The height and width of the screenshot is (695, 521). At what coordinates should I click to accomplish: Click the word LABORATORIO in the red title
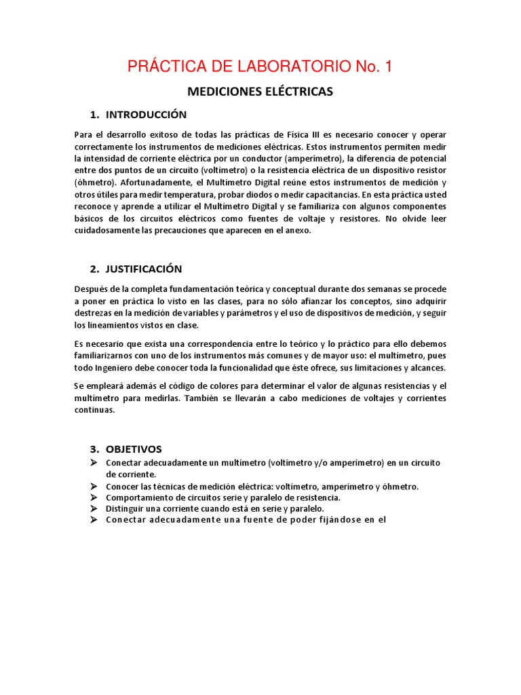click(x=296, y=67)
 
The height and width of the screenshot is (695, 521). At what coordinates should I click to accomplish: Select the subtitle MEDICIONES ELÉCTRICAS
click(x=260, y=91)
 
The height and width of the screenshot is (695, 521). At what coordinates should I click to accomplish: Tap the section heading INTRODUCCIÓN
click(x=146, y=114)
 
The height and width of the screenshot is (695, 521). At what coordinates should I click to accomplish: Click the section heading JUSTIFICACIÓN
click(x=144, y=269)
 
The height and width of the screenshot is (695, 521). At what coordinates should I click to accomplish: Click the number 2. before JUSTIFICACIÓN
click(x=95, y=269)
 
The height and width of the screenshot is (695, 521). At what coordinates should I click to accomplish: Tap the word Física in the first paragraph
click(x=293, y=134)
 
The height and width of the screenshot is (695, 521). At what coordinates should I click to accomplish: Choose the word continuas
click(x=94, y=410)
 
